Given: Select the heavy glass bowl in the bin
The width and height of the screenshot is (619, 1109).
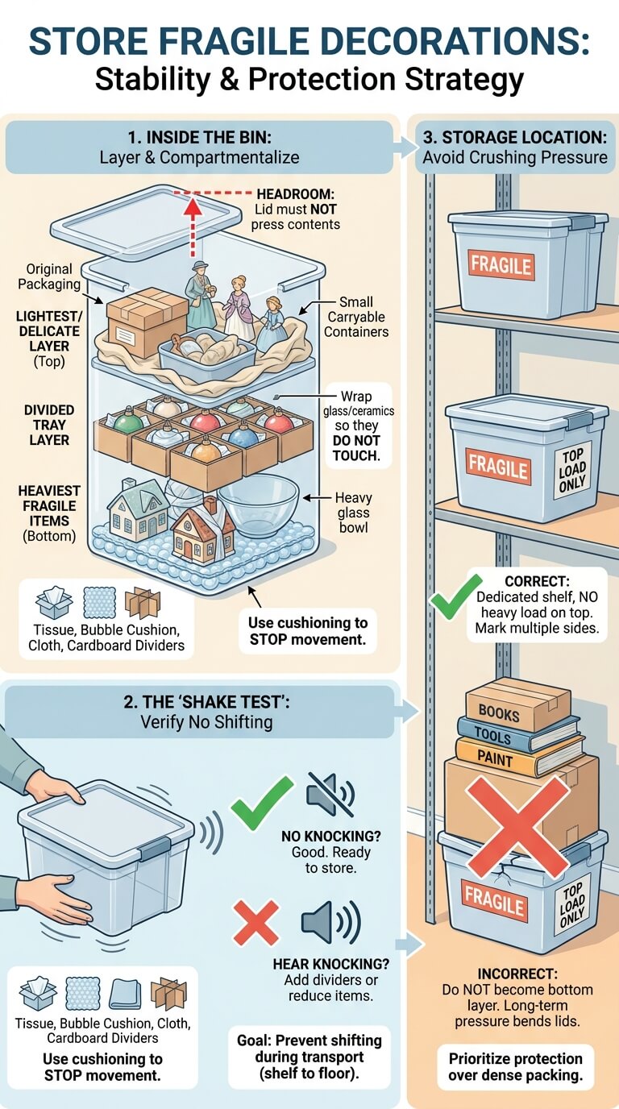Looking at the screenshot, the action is coord(258,505).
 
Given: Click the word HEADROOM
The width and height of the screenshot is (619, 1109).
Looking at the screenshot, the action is coord(296,193).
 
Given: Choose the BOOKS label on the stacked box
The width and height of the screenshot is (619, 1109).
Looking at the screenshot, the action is coord(498,713).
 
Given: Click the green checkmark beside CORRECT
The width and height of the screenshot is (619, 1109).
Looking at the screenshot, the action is coord(455,596).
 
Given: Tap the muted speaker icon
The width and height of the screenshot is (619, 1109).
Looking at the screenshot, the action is coord(330,794).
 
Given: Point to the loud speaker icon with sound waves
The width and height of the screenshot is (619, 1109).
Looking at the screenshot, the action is coord(330,921).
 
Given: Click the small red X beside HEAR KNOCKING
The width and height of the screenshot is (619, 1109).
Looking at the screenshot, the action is coord(256,923).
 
